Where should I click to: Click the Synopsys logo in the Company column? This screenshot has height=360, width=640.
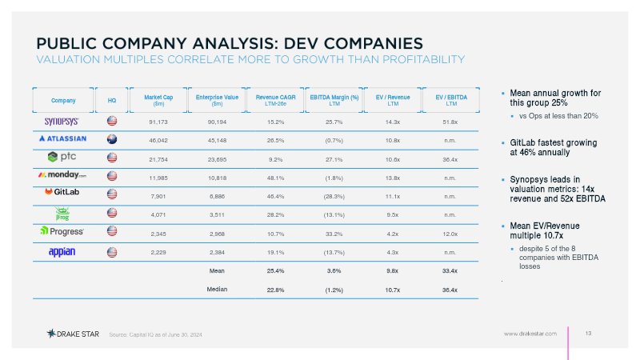point(62,122)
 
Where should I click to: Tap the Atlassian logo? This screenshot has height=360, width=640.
point(63,138)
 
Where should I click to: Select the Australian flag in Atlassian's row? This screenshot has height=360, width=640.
point(112,139)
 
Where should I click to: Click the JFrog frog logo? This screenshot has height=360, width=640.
point(62,214)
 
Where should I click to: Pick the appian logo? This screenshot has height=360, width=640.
point(62,252)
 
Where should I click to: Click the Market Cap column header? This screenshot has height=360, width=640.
point(158,100)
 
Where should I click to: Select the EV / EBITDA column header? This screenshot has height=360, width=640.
point(451,100)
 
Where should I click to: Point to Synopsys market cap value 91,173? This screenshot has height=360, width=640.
point(158,122)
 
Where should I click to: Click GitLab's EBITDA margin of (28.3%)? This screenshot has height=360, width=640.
point(334,196)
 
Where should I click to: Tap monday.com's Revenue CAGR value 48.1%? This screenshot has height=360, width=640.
point(275,178)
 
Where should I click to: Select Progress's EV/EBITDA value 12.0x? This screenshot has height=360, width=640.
point(450,234)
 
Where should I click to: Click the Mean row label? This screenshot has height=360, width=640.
point(217,270)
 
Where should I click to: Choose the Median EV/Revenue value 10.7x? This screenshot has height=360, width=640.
point(392,290)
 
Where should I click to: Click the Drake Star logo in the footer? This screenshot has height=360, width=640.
point(73,334)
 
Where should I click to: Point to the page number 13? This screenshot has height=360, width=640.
point(588,334)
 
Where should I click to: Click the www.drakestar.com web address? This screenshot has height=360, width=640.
point(530,334)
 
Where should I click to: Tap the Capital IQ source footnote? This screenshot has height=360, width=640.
point(155,334)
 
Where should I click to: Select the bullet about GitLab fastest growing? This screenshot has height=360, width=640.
point(553,147)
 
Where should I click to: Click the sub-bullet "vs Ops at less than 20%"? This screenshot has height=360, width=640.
point(558,116)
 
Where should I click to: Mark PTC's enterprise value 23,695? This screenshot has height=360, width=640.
point(217,159)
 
